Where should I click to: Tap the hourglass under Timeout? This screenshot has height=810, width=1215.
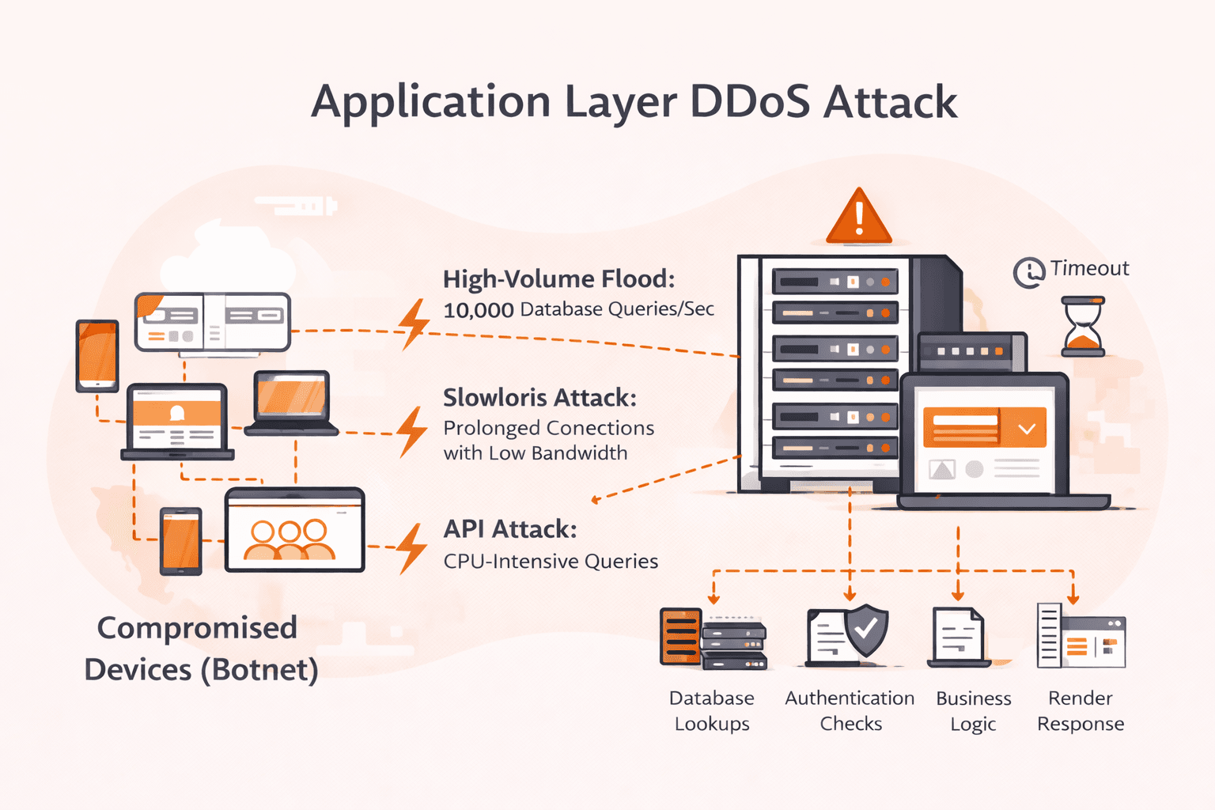tap(1083, 327)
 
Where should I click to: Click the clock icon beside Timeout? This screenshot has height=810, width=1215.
tap(1029, 272)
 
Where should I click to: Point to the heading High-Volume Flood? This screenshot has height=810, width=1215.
tap(558, 279)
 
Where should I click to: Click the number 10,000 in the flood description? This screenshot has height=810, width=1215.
tap(478, 310)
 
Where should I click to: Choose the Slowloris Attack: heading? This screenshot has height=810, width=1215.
tap(539, 397)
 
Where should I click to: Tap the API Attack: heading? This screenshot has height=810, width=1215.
tap(510, 529)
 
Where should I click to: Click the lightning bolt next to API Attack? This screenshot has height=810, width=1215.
tap(411, 547)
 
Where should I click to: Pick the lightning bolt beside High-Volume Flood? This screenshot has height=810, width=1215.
tap(414, 324)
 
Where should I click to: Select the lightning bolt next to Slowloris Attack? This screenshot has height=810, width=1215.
tap(411, 432)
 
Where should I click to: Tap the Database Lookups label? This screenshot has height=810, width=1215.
tap(712, 710)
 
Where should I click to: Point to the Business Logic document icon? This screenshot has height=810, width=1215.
tap(958, 637)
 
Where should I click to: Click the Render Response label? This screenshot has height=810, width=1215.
tap(1081, 710)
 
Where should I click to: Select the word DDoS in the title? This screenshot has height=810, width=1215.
tap(749, 102)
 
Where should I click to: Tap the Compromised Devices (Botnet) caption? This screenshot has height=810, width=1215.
tap(201, 649)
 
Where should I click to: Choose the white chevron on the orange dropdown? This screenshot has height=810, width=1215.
tap(1027, 429)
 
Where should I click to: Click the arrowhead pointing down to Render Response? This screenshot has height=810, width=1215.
tap(1073, 598)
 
